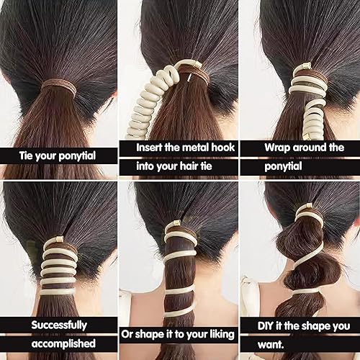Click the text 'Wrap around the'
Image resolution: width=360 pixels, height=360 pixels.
(x=303, y=147)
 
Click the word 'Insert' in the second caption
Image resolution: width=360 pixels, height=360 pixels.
(x=153, y=147)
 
